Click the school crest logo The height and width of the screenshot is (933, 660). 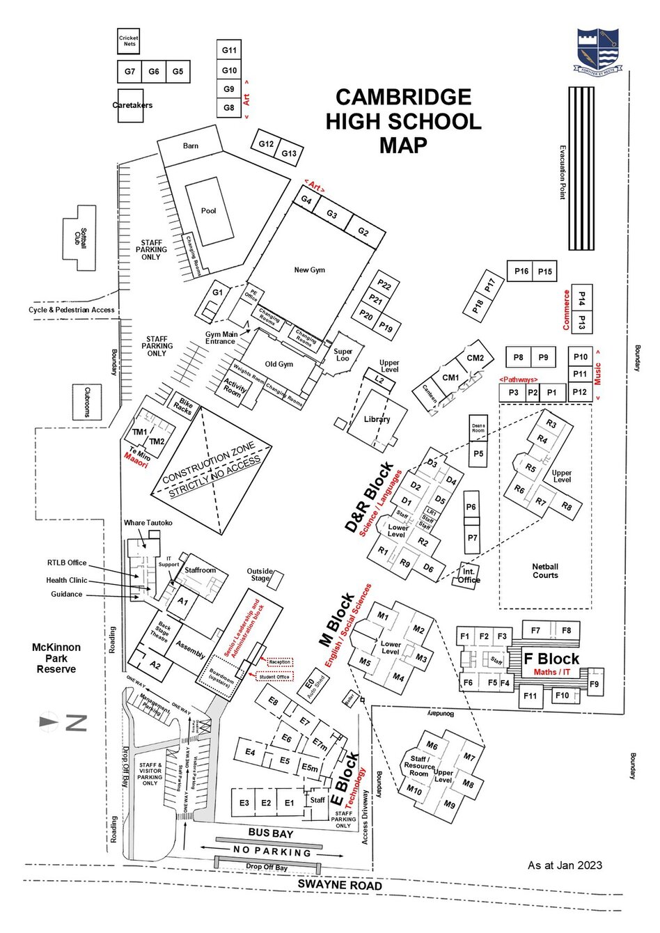pyautogui.click(x=597, y=49)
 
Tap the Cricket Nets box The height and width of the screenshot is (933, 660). pyautogui.click(x=129, y=41)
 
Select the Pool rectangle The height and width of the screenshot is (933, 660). pyautogui.click(x=209, y=210)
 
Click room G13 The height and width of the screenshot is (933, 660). pyautogui.click(x=289, y=153)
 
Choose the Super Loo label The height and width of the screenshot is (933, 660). pyautogui.click(x=343, y=354)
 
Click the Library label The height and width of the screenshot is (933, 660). pyautogui.click(x=377, y=419)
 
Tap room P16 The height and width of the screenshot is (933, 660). pyautogui.click(x=521, y=272)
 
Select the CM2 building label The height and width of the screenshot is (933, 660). pyautogui.click(x=475, y=358)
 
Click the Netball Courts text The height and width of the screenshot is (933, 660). pyautogui.click(x=545, y=571)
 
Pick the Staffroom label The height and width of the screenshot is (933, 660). pyautogui.click(x=200, y=570)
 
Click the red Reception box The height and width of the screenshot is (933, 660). pyautogui.click(x=279, y=662)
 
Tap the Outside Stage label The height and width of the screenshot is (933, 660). pyautogui.click(x=260, y=574)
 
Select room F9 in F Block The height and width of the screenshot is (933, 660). pyautogui.click(x=594, y=684)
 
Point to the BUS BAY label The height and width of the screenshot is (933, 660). pyautogui.click(x=271, y=833)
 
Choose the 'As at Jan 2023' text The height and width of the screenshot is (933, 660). pyautogui.click(x=565, y=865)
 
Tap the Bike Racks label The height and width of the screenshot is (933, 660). pyautogui.click(x=184, y=406)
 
